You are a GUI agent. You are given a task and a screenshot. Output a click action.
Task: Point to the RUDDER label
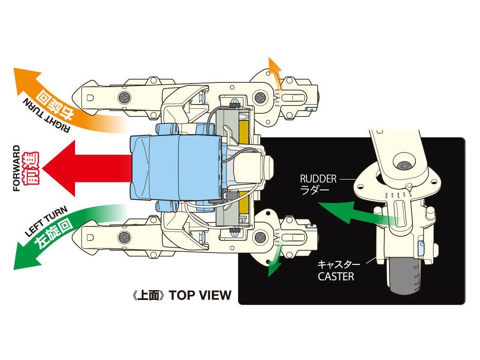[318, 179]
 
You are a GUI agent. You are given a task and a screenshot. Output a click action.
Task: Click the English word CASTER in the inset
[336, 277]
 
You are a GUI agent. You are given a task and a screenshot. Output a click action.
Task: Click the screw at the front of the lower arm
[124, 238]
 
